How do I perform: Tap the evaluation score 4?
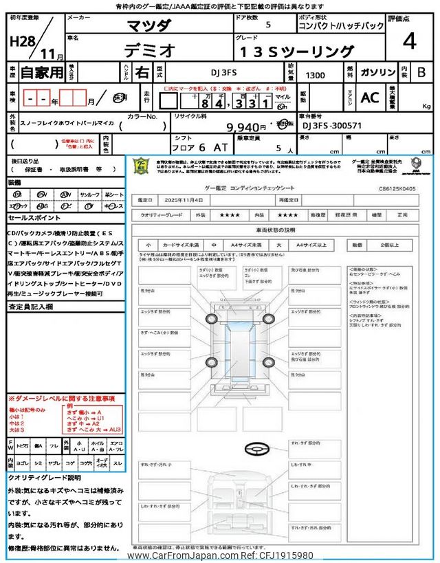coord(410,41)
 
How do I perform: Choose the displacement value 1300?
coord(317,73)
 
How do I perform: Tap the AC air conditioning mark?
coord(369,98)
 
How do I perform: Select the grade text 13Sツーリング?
coord(297,51)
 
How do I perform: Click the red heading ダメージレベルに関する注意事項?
coord(63,399)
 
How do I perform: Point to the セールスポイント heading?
coord(34,217)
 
